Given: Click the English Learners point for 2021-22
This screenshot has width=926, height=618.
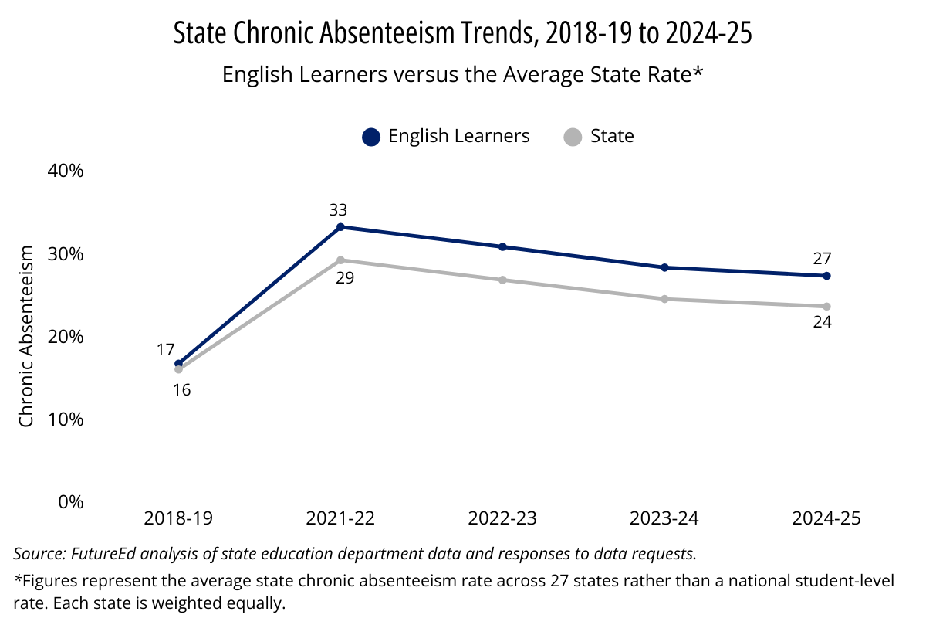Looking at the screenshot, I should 340,227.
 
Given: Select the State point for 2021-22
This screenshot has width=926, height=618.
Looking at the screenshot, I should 340,260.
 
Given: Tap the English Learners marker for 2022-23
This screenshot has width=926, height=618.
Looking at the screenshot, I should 502,247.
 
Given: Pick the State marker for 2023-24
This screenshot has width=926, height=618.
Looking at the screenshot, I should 664,299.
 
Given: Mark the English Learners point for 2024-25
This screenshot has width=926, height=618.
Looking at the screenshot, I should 826,276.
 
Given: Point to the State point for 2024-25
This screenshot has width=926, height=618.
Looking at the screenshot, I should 826,307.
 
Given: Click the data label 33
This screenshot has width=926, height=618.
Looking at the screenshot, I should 338,210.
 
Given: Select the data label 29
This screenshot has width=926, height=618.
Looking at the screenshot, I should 345,277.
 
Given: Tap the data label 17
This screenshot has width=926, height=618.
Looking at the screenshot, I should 165,350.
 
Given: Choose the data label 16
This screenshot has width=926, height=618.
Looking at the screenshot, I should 181,390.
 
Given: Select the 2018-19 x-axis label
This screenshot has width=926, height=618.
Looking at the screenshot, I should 178,518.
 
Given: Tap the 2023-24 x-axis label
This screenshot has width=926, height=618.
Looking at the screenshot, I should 664,518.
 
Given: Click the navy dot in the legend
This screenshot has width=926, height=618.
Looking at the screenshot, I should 371,137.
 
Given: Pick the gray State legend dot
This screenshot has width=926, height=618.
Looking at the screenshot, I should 573,137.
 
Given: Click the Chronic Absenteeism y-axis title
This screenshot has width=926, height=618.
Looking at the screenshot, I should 27,336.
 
